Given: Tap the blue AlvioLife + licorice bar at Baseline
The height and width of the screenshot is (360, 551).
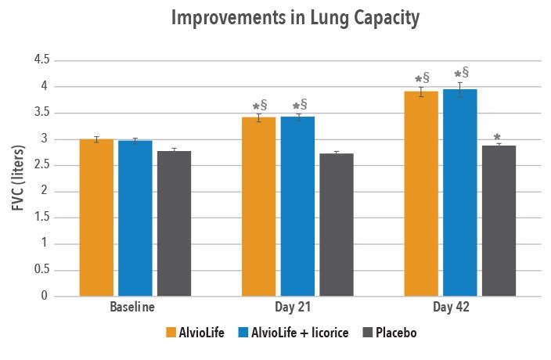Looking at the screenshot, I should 135,218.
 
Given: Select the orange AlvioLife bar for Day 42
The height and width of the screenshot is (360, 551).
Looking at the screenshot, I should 421,193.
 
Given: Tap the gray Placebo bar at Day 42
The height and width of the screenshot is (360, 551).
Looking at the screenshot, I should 499,221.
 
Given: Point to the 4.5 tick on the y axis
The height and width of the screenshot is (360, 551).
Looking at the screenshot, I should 41,59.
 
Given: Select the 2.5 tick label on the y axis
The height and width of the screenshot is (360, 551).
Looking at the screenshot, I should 41,165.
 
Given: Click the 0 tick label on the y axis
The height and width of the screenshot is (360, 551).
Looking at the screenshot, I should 46,297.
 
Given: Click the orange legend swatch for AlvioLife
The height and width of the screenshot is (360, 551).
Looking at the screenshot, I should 171,332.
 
